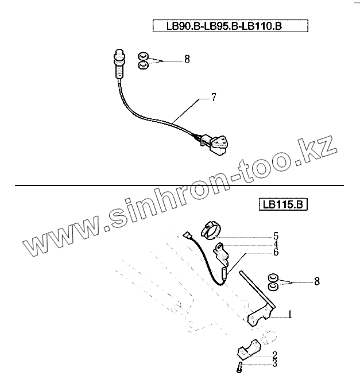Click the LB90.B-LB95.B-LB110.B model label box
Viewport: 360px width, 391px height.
pyautogui.click(x=231, y=26)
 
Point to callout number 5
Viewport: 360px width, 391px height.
pyautogui.click(x=276, y=236)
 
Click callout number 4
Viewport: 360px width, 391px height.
pyautogui.click(x=276, y=244)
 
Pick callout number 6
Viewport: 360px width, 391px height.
pyautogui.click(x=276, y=252)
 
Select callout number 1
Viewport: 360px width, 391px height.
pyautogui.click(x=291, y=315)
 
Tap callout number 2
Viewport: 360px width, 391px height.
pyautogui.click(x=275, y=355)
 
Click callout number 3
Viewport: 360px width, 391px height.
pyautogui.click(x=275, y=363)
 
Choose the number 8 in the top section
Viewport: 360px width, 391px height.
pyautogui.click(x=187, y=59)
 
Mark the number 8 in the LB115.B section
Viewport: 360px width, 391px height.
pyautogui.click(x=317, y=281)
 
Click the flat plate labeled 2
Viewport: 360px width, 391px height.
pyautogui.click(x=248, y=351)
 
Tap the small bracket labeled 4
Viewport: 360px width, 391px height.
pyautogui.click(x=221, y=249)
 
